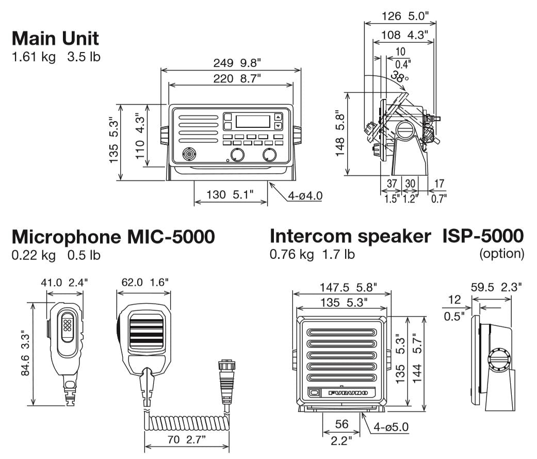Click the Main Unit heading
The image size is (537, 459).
point(55,38)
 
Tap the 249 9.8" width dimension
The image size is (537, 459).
point(237,63)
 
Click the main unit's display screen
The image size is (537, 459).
point(253,121)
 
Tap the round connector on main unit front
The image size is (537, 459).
point(189,154)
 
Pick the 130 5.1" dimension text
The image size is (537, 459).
point(230,194)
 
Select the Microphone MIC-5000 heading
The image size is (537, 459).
point(113,237)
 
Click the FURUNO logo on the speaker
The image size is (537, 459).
point(348,393)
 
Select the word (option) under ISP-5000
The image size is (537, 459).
point(501,254)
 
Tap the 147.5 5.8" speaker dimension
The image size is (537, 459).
point(342,286)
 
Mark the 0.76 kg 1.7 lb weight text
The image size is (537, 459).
point(312,254)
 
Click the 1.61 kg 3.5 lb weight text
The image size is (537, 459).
point(56,56)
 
